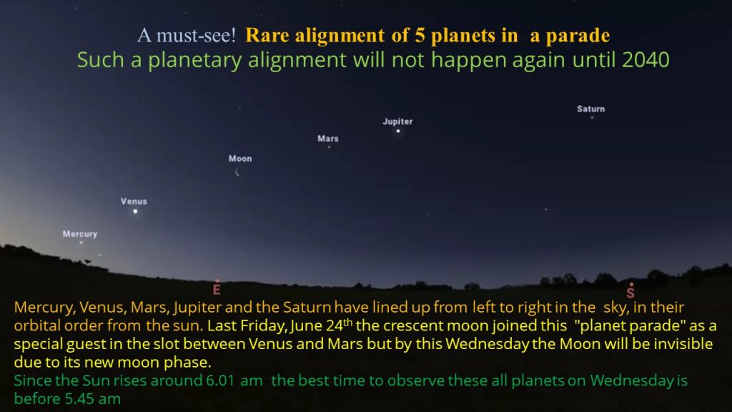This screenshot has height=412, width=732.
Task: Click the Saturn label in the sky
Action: pyautogui.click(x=590, y=109)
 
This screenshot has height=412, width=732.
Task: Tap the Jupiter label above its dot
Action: pyautogui.click(x=397, y=122)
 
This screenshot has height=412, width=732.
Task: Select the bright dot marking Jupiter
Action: pyautogui.click(x=398, y=131)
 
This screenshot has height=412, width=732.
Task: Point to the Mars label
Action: pyautogui.click(x=327, y=139)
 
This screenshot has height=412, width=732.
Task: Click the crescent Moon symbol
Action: pyautogui.click(x=237, y=172)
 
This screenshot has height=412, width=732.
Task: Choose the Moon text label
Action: pyautogui.click(x=240, y=159)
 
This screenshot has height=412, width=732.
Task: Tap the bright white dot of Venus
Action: pyautogui.click(x=135, y=212)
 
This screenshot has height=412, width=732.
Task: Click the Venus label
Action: pyautogui.click(x=134, y=201)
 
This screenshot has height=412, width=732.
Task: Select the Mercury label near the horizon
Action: pyautogui.click(x=80, y=234)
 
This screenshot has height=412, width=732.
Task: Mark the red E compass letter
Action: pyautogui.click(x=217, y=290)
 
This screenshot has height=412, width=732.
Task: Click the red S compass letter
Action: pyautogui.click(x=630, y=293)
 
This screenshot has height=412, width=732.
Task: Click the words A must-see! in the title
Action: pyautogui.click(x=187, y=36)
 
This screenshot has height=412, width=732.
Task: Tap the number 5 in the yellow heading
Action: pyautogui.click(x=420, y=36)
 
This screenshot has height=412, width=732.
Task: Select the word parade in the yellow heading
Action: pyautogui.click(x=578, y=36)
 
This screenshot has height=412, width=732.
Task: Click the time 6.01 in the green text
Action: pyautogui.click(x=220, y=381)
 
